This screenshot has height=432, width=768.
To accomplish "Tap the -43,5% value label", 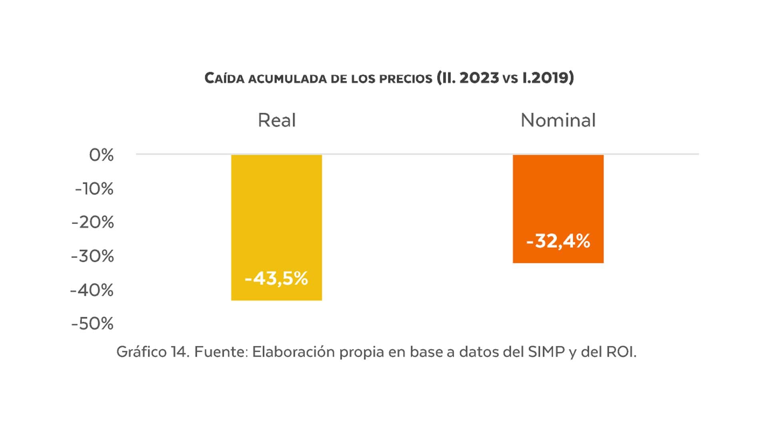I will tap(276, 278).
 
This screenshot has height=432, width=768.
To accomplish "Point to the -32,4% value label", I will tap(558, 241).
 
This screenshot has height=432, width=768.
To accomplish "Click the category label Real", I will tap(277, 120).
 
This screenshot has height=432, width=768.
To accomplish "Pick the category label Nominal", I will tap(558, 120).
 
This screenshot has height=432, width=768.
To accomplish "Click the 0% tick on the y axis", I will tap(101, 155).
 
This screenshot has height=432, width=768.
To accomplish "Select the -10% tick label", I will tap(94, 189).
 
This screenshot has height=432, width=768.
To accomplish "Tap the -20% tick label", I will tap(93, 222).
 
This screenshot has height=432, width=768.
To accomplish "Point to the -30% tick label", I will tap(92, 256).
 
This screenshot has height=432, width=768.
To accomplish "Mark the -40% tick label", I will tap(92, 290).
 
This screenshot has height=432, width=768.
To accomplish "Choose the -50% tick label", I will tap(92, 324).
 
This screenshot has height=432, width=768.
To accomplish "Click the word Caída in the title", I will tap(224, 78).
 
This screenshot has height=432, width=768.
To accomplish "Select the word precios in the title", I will tap(406, 78).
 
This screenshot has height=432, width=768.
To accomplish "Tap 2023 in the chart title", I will tap(479, 78).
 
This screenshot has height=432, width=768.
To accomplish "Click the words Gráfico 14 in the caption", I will tap(152, 352).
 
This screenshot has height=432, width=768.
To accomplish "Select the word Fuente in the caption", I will tap(221, 352).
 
